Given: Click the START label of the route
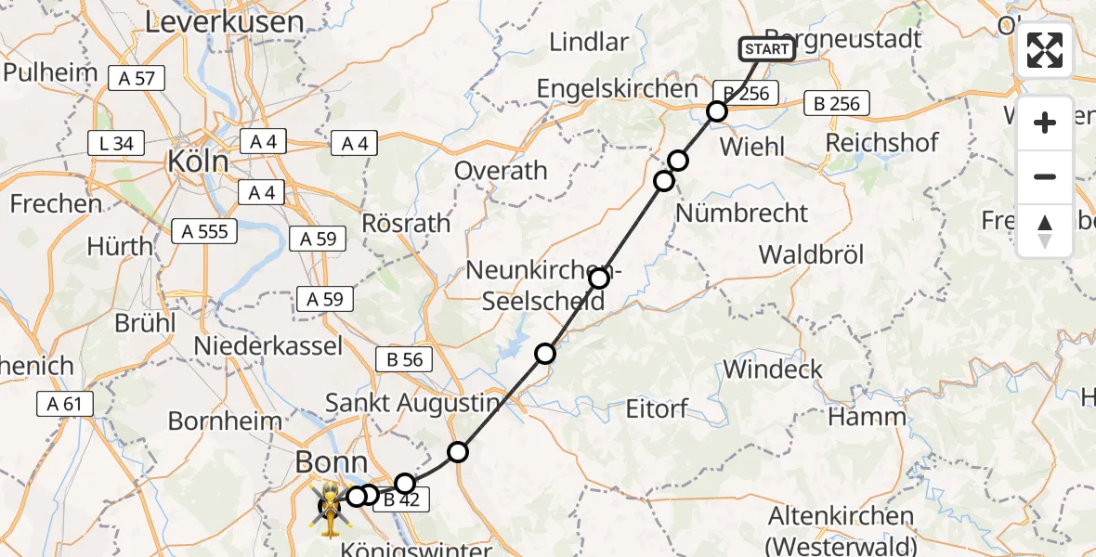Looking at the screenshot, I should click(x=767, y=49).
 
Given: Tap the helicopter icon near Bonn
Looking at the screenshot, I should click(x=329, y=509).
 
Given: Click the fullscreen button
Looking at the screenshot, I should click(x=1045, y=50).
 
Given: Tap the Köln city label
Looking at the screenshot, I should click(x=198, y=162).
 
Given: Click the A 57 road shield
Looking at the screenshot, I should click(x=137, y=79).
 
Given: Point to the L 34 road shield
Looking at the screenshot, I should click(x=116, y=143).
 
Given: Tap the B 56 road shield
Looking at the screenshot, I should click(x=403, y=360).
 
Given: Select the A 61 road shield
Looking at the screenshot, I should click(x=65, y=403).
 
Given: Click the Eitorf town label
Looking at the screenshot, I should click(x=658, y=408).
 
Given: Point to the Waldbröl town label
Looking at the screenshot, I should click(x=811, y=255).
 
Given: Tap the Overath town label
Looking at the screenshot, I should click(x=501, y=171).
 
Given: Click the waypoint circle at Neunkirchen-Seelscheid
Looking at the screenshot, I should click(x=599, y=278).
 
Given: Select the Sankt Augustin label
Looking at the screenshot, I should click(x=412, y=404).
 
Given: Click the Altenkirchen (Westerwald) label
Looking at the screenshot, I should click(x=842, y=530).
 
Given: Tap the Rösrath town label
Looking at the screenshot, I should click(x=405, y=224).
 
